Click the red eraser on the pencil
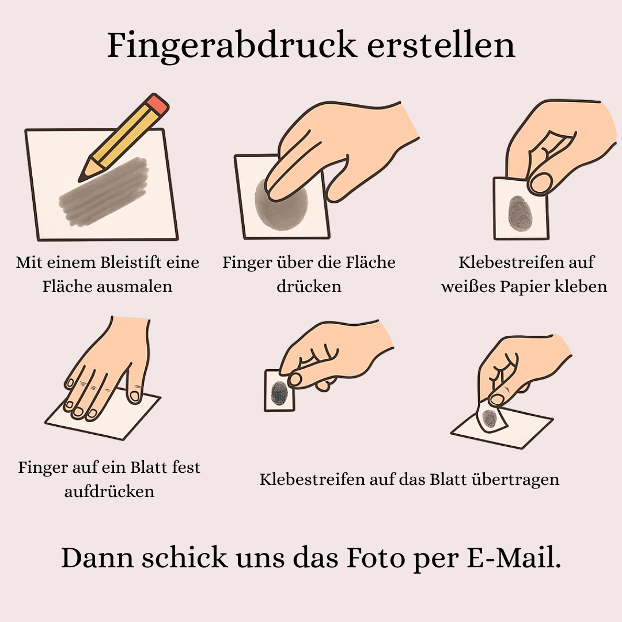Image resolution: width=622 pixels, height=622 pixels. click(x=157, y=104)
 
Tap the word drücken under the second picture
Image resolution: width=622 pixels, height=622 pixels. click(x=309, y=287)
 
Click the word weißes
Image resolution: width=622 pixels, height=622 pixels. click(x=466, y=287)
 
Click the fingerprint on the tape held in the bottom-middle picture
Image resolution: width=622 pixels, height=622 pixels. click(x=279, y=393)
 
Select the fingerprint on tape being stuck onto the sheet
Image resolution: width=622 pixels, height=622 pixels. click(x=490, y=419)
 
